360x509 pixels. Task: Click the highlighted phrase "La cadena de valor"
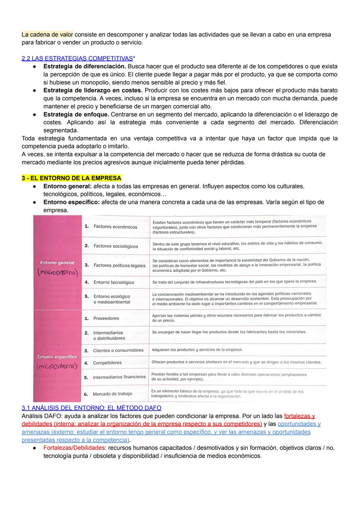pos(47,35)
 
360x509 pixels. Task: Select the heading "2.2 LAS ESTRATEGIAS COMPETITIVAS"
pos(77,58)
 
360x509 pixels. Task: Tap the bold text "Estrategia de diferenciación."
pos(85,66)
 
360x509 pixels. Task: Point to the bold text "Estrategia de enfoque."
pos(76,114)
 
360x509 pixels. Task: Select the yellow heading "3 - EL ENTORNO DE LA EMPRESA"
pos(71,178)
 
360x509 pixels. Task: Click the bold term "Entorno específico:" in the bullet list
pos(71,202)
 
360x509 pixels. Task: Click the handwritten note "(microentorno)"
pos(57,366)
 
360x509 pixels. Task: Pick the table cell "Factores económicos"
pos(115,227)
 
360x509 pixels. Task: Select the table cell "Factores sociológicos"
pos(115,246)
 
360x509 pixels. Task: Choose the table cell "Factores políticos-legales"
pos(119,265)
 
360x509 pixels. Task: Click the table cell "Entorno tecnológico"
pos(114,282)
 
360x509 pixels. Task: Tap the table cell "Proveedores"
pos(106,318)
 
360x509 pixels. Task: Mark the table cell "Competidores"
pos(107,363)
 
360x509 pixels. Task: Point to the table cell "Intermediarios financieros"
pos(119,377)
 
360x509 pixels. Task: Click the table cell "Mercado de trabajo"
pos(112,394)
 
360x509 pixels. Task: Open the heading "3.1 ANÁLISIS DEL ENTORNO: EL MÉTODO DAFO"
pos(91,408)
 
